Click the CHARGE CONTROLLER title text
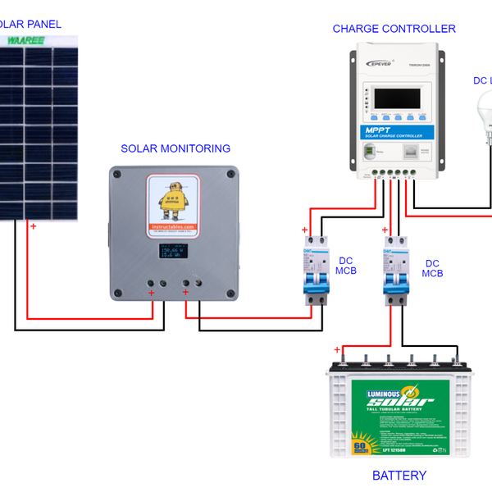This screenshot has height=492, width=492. tap(394, 29)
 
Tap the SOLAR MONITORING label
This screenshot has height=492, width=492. tap(175, 149)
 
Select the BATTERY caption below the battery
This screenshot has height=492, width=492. tap(399, 476)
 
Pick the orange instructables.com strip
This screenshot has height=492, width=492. tap(173, 227)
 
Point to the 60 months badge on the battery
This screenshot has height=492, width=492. tap(359, 447)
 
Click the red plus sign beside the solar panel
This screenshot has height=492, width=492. tap(33, 225)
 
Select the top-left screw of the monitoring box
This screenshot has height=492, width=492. tap(117, 174)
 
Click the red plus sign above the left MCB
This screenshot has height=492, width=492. tap(304, 230)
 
